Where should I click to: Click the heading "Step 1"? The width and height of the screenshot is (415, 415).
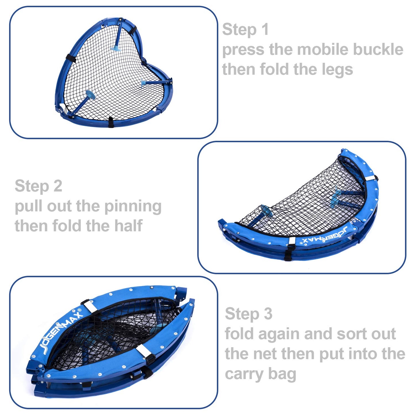click(x=245, y=30)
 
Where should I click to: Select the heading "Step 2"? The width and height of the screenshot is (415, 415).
click(x=38, y=186)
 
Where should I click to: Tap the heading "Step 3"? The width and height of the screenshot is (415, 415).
click(x=248, y=314)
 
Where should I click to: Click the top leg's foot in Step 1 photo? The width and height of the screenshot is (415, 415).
click(x=116, y=48)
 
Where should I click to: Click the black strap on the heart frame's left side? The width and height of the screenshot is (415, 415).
click(x=70, y=58)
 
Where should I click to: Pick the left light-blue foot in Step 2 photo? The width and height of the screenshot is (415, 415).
click(x=266, y=210)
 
